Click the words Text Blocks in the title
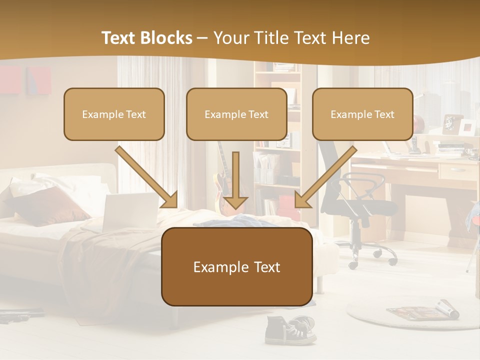point(146,38)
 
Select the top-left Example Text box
point(114,114)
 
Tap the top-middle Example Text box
point(236,114)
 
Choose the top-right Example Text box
point(362,114)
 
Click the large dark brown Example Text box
point(236,267)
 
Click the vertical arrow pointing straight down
point(235,180)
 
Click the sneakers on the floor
point(290,330)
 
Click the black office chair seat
point(365,205)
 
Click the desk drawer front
point(458,171)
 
